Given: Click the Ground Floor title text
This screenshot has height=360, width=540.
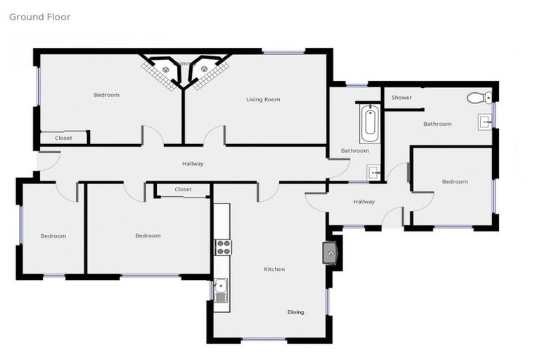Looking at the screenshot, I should point(39,17).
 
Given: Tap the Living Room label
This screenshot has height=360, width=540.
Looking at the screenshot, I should point(263,100).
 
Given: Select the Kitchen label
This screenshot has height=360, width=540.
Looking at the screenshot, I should point(274,269).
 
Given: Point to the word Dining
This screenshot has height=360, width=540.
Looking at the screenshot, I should point(295,311).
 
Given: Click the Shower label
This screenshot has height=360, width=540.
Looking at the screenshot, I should point(401,98).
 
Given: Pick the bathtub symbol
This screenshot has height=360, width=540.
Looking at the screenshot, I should point(369,124).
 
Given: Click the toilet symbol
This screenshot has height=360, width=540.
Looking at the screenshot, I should point(480,97).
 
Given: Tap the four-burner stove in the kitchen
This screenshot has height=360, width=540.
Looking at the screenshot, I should point(223,247).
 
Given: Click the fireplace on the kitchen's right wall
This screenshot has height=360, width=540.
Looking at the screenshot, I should point(330,252).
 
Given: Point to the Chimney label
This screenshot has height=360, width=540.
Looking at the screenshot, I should point(185,64).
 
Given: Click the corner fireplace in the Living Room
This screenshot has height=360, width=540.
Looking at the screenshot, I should point(204,70).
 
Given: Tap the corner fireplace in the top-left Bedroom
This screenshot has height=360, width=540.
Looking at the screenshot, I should point(165,70).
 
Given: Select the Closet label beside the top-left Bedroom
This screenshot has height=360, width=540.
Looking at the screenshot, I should point(63,139).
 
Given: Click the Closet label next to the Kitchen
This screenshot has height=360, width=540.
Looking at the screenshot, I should point(183,190).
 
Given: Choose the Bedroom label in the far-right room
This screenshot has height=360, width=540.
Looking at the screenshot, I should point(454,182).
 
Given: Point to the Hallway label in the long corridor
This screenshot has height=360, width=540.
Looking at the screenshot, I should point(193,164).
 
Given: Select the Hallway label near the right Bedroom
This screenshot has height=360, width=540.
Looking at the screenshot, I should point(364,202).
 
